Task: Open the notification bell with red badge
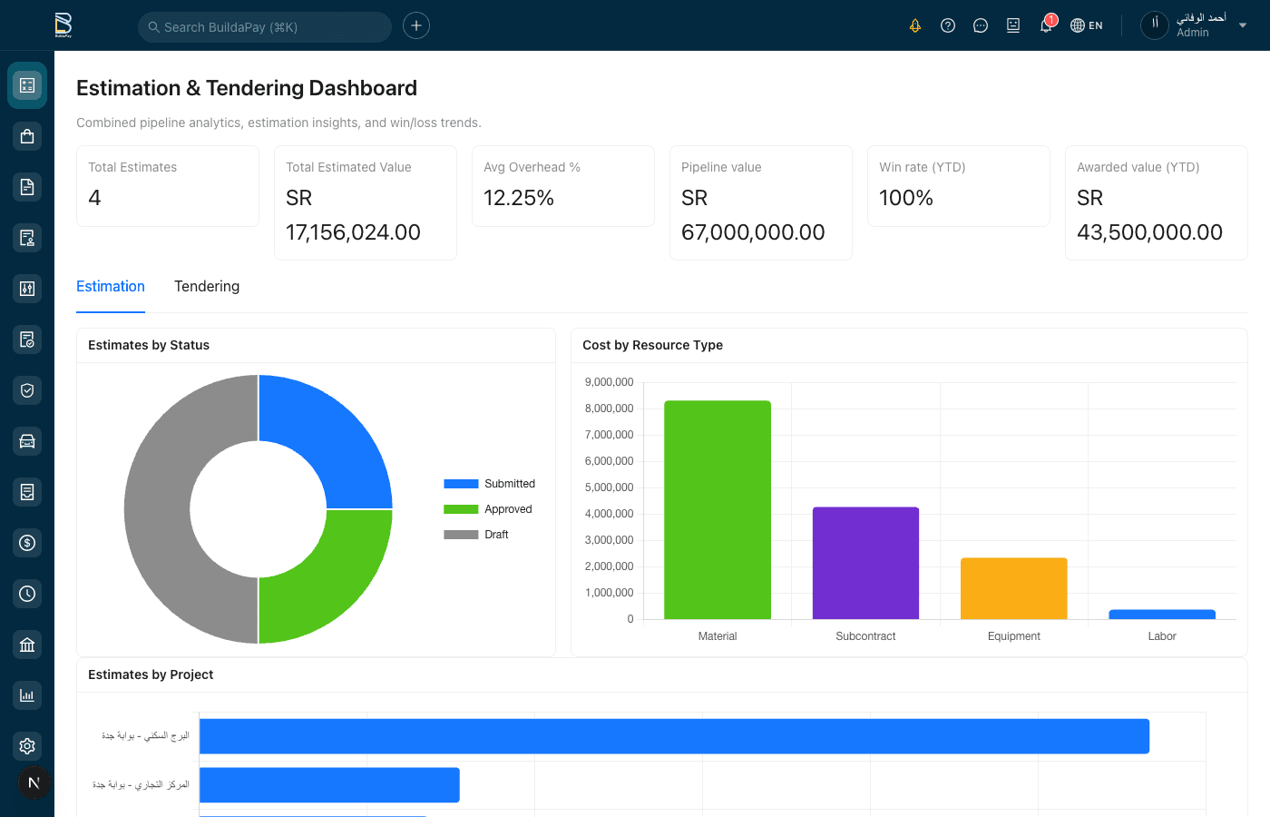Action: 1046,25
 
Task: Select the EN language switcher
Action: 1087,25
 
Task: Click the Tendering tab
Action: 207,286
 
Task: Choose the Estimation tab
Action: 111,286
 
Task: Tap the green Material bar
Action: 718,509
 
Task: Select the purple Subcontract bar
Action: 865,563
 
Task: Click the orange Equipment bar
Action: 1013,588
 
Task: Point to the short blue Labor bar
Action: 1162,615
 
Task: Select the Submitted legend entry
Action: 491,484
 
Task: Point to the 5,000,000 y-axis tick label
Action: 609,487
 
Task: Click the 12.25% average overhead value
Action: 519,198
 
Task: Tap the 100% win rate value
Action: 906,198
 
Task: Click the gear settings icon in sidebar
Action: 27,746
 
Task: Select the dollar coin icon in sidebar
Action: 27,543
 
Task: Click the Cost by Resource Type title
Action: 652,345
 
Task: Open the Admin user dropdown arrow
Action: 1243,25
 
